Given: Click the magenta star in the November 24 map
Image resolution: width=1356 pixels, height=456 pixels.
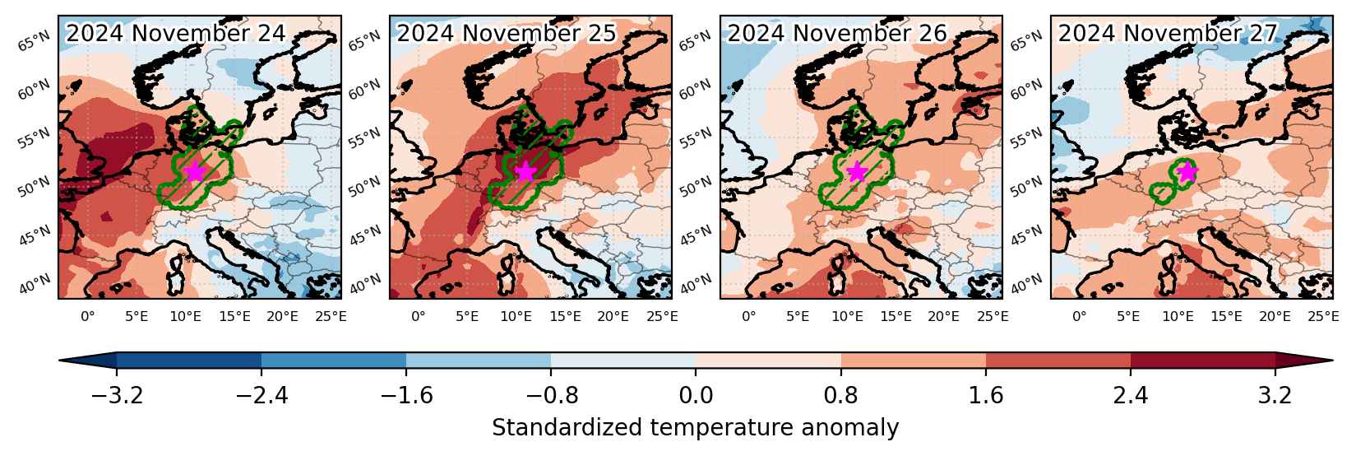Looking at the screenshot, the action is [195, 171].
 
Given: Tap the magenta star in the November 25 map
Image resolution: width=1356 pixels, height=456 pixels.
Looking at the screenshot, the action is [525, 171].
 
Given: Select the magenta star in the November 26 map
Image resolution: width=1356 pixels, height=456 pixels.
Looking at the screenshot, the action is [857, 171].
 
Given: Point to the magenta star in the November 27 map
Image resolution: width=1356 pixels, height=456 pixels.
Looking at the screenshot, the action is [1187, 172].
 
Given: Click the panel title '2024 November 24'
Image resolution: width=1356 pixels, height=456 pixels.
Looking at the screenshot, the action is [175, 33].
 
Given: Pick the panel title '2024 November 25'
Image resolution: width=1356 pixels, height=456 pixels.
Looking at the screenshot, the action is [506, 33].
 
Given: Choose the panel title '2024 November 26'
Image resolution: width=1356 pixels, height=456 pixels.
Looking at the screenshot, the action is [837, 33].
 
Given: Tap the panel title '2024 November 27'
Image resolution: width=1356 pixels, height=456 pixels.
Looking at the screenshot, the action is [1168, 33].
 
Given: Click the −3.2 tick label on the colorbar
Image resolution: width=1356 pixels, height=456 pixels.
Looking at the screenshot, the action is [117, 395].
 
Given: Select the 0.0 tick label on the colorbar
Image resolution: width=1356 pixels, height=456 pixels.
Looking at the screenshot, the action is [696, 395].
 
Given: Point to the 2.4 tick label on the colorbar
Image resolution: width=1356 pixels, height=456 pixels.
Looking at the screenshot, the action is [1130, 395].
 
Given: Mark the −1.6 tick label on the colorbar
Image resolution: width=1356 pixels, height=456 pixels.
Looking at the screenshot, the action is [406, 395].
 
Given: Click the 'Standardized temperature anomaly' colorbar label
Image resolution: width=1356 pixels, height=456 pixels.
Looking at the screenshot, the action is [696, 427].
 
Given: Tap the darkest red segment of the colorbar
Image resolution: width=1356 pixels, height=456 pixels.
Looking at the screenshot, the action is [1203, 360].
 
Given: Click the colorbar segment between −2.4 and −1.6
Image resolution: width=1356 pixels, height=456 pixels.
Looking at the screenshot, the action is [334, 360].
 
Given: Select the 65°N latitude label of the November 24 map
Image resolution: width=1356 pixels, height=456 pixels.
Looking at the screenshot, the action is [34, 41].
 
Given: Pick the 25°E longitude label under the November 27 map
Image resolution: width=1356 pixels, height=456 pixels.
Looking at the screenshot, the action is [1323, 316].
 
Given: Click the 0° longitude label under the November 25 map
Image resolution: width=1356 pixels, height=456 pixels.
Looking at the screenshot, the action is [419, 316].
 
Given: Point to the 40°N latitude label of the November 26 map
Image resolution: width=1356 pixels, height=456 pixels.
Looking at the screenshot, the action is [694, 283].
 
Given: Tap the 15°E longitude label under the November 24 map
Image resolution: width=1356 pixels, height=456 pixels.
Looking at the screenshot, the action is [234, 316].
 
